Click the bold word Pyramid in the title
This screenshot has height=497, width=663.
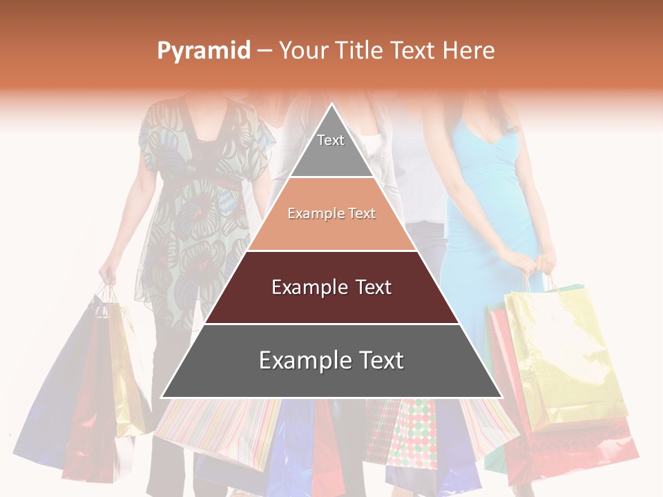[x=204, y=51]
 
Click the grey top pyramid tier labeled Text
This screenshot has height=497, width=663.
[x=331, y=148]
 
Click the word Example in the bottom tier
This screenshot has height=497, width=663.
[x=298, y=360]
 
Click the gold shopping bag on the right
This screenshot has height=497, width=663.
[x=563, y=352]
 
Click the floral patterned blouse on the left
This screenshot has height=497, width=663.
[x=197, y=207]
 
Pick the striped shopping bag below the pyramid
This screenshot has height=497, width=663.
[x=221, y=428]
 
